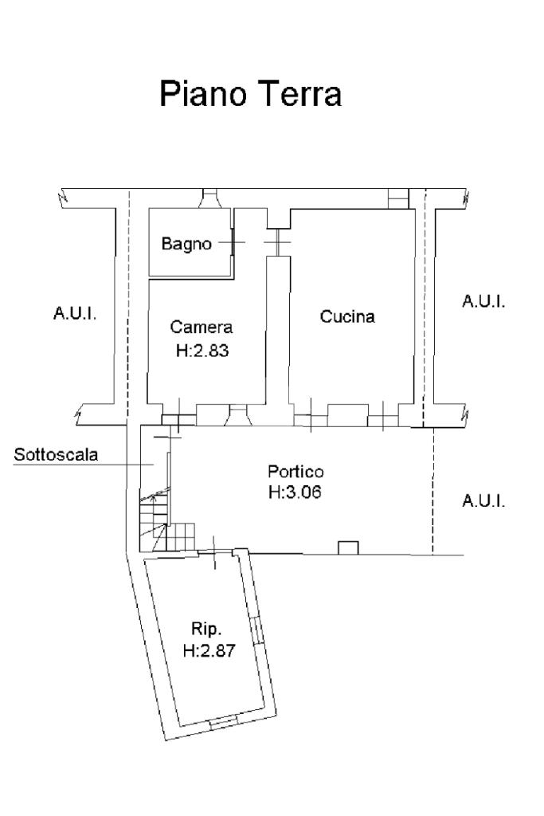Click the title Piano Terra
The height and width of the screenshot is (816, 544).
[x=250, y=94]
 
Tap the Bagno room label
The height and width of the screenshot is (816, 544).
[x=186, y=244]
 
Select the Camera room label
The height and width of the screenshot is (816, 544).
[x=202, y=327]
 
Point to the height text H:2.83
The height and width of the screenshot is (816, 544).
[x=202, y=351]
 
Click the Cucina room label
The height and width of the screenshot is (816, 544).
[x=347, y=316]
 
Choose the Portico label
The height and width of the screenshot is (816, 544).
[x=295, y=472]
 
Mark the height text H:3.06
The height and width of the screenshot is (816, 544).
[x=295, y=492]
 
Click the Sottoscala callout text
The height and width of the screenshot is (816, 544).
[x=56, y=454]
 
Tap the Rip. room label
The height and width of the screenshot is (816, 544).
[x=206, y=629]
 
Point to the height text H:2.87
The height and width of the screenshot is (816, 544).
[x=209, y=650]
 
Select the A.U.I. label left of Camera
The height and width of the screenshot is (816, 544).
[x=75, y=313]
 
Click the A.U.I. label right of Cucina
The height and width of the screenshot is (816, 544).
[x=483, y=301]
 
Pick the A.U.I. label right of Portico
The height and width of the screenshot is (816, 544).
[x=483, y=500]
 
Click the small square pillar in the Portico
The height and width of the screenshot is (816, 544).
[x=348, y=548]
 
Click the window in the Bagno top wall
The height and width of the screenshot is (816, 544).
[x=209, y=198]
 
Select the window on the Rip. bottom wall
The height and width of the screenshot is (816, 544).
[x=223, y=721]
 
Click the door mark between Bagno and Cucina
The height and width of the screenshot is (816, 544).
[x=277, y=243]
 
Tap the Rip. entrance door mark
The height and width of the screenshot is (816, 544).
[x=214, y=553]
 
